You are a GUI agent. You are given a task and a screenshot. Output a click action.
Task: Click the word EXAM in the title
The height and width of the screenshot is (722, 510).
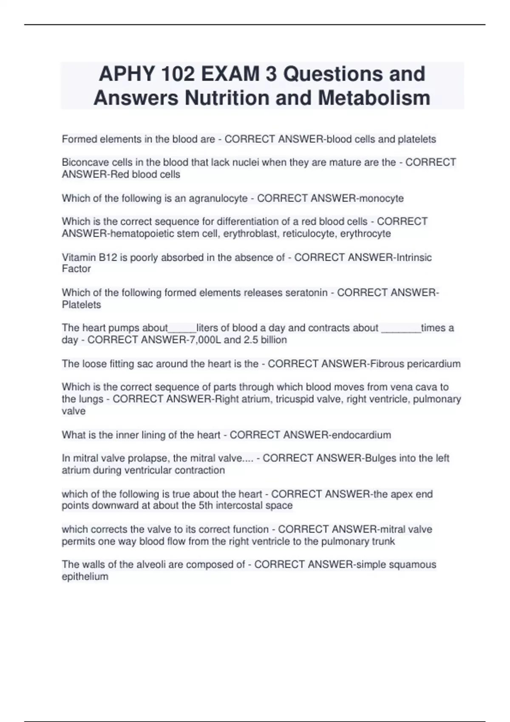230,74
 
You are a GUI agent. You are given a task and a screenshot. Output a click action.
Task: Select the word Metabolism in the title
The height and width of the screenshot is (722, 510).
374,98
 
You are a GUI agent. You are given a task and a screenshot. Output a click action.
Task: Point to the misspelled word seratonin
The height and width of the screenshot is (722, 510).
306,293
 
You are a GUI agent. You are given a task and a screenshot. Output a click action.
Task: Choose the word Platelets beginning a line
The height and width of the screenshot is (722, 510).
82,305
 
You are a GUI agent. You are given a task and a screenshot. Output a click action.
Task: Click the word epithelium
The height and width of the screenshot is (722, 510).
85,576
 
